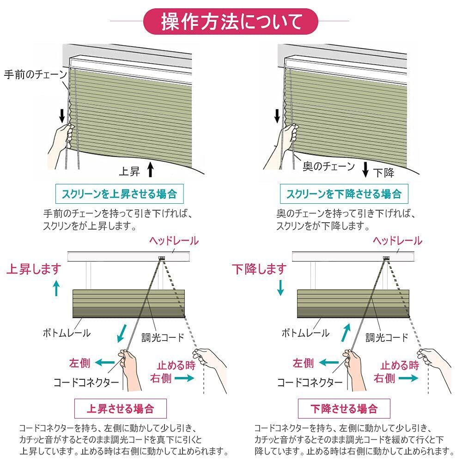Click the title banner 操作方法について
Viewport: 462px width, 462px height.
[231, 22]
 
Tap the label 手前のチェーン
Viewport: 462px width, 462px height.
[36, 74]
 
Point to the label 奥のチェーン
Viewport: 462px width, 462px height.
[328, 166]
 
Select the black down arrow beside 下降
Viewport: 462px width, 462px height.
[365, 169]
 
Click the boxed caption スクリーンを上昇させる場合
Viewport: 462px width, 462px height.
[119, 194]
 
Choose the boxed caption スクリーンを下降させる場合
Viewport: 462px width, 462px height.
[344, 194]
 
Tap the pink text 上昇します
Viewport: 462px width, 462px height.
[34, 269]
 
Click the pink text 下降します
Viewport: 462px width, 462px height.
[259, 269]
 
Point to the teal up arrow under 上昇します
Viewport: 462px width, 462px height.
[56, 288]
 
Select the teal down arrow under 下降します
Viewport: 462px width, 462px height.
[280, 287]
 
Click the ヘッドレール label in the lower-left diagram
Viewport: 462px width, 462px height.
[174, 241]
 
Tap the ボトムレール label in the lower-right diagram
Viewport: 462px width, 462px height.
[305, 333]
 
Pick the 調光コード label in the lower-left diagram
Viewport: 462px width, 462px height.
[163, 337]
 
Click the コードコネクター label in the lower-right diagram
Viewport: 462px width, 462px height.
[310, 383]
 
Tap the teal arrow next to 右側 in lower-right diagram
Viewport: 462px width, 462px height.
[408, 378]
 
